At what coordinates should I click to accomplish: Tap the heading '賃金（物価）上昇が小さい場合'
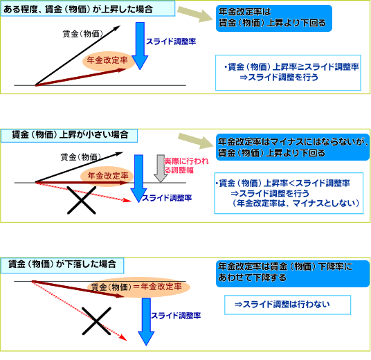pos(69,136)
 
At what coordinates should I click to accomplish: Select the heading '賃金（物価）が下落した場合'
pos(62,265)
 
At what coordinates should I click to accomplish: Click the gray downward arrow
pos(161,168)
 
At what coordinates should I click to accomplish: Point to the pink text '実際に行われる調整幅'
pos(186,165)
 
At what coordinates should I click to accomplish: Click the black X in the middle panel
pos(82,200)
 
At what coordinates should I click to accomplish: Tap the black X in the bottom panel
pos(96,321)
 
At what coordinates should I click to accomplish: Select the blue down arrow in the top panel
pos(140,46)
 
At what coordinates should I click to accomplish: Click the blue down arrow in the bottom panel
pos(146,322)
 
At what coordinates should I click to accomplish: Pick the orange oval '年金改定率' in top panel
pos(108,61)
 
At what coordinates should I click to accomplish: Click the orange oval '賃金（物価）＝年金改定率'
pos(138,287)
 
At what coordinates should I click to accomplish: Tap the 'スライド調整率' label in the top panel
pos(171,42)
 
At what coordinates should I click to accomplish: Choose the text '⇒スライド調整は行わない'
pos(282,304)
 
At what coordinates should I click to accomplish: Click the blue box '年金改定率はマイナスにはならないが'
pos(293,147)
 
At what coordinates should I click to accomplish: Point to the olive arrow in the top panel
pos(195,15)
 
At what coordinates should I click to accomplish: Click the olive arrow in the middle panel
pos(196,141)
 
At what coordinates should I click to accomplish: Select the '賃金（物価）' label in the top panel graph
pos(83,34)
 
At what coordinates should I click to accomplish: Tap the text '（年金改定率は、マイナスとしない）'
pos(296,203)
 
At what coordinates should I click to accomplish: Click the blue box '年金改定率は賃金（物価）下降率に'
pos(293,273)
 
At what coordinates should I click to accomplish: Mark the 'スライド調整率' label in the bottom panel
pos(176,316)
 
